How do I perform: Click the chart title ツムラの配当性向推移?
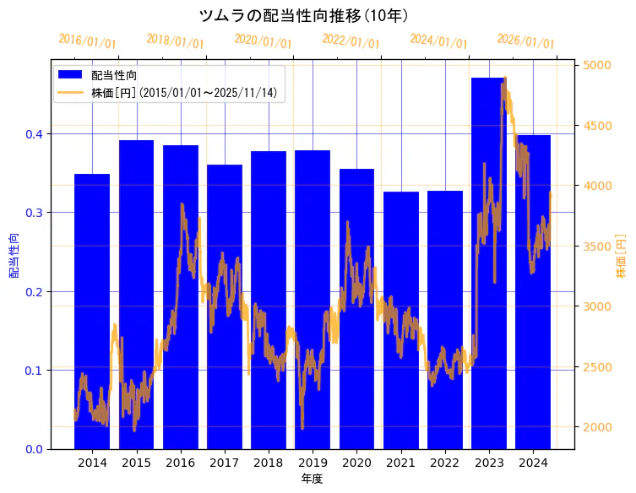tap(305, 15)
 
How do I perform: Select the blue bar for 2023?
tap(489, 262)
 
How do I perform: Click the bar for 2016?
tap(181, 295)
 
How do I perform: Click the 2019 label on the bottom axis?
tap(313, 463)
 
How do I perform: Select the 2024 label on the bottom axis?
tap(533, 463)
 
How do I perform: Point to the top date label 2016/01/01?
tap(88, 41)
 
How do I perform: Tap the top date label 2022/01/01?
tap(351, 41)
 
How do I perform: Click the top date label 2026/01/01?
tap(525, 41)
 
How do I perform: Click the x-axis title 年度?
tap(313, 479)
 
